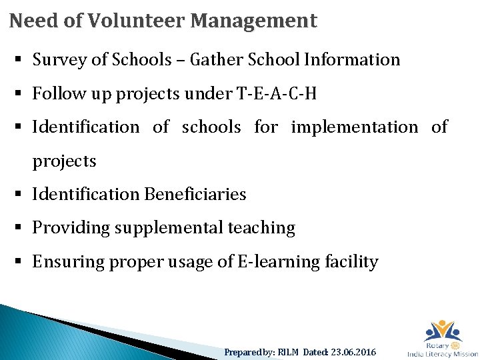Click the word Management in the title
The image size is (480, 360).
tap(253, 21)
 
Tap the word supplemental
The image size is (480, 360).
tap(169, 228)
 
